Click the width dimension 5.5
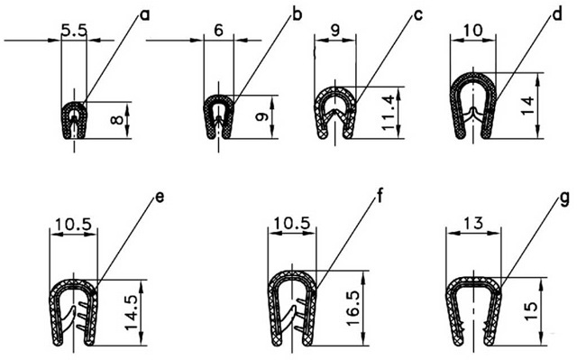(74, 31)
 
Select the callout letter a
(144, 15)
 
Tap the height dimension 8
(116, 120)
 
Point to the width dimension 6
(218, 31)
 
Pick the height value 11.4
(388, 113)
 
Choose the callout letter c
(418, 15)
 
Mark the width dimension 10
(472, 31)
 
